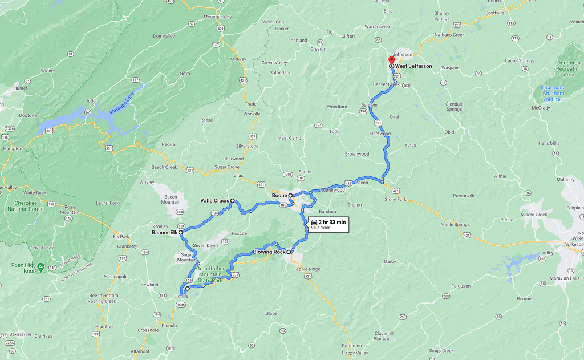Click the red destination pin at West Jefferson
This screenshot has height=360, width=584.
pyautogui.click(x=391, y=60)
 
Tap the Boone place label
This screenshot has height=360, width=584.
pyautogui.click(x=279, y=196)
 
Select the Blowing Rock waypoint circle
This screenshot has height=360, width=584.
pyautogui.click(x=289, y=252)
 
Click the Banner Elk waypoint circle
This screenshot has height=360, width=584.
pyautogui.click(x=181, y=233)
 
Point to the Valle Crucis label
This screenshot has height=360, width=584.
pyautogui.click(x=214, y=201)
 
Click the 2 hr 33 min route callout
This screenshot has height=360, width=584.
pyautogui.click(x=327, y=224)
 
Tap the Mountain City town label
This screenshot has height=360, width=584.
pyautogui.click(x=218, y=17)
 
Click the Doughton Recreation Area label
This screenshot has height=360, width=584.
pyautogui.click(x=569, y=69)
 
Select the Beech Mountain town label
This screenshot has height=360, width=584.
pyautogui.click(x=171, y=199)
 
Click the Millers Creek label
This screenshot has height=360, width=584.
pyautogui.click(x=533, y=215)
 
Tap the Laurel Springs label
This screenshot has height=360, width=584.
pyautogui.click(x=518, y=60)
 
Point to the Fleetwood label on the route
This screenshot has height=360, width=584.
pyautogui.click(x=380, y=134)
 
